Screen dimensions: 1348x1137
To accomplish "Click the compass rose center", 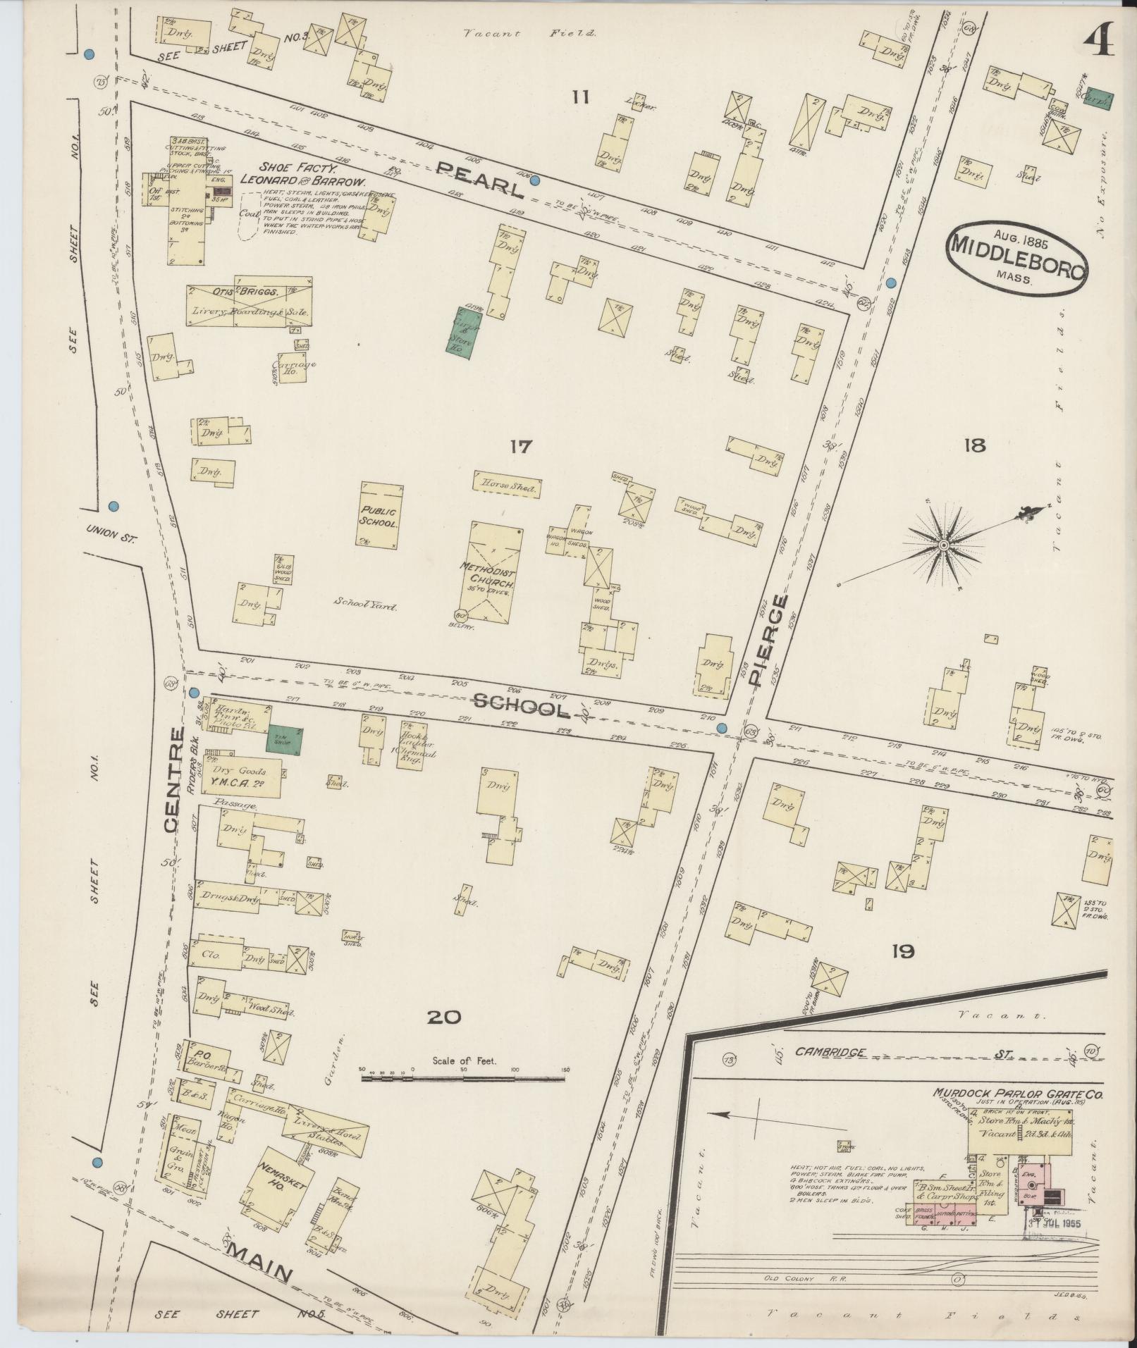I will (x=942, y=545).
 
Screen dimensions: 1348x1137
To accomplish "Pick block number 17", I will (x=521, y=447).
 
